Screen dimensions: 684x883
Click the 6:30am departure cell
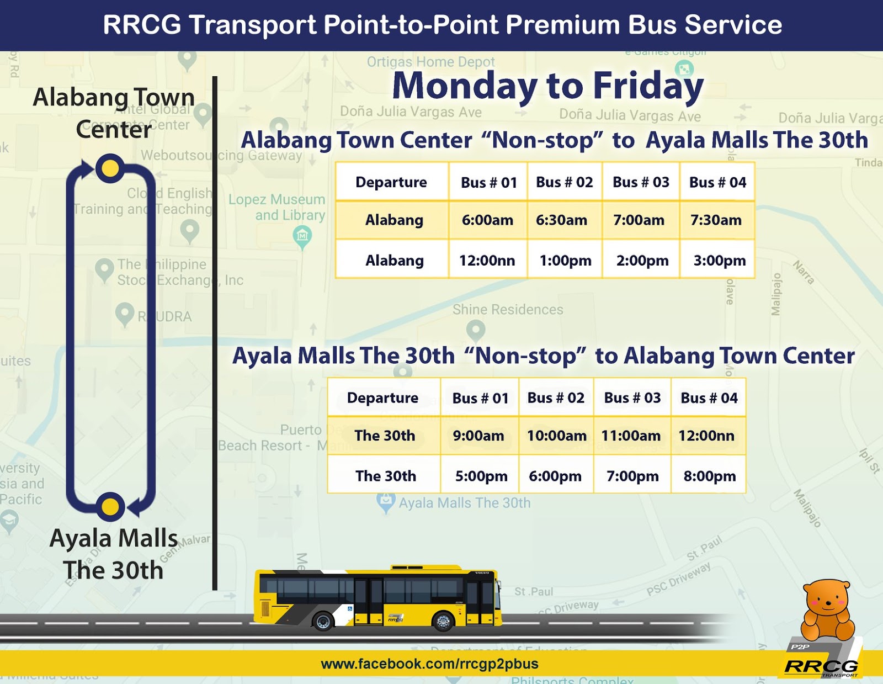pyautogui.click(x=561, y=220)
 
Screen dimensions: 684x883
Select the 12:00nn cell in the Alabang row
pyautogui.click(x=487, y=261)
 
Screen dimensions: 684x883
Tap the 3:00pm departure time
pyautogui.click(x=719, y=261)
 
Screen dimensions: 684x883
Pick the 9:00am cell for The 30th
pyautogui.click(x=478, y=436)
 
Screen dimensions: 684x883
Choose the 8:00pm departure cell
pyautogui.click(x=709, y=476)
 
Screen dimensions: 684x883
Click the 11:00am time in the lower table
pyautogui.click(x=631, y=436)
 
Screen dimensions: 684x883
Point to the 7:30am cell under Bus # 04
pyautogui.click(x=716, y=220)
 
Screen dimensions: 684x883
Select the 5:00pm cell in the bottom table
pyautogui.click(x=481, y=476)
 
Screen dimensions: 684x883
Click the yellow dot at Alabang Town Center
pyautogui.click(x=110, y=168)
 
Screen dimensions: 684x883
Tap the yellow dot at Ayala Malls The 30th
pyautogui.click(x=110, y=506)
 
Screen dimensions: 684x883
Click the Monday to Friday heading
pyautogui.click(x=547, y=86)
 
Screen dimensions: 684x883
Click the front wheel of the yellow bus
pyautogui.click(x=443, y=621)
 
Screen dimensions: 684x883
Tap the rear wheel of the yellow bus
pyautogui.click(x=323, y=622)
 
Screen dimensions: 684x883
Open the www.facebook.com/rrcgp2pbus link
pyautogui.click(x=429, y=664)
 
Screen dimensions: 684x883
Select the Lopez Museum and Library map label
pyautogui.click(x=276, y=207)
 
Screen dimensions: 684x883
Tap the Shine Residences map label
pyautogui.click(x=508, y=310)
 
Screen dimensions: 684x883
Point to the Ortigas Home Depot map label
pyautogui.click(x=430, y=62)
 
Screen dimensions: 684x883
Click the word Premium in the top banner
pyautogui.click(x=562, y=25)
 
